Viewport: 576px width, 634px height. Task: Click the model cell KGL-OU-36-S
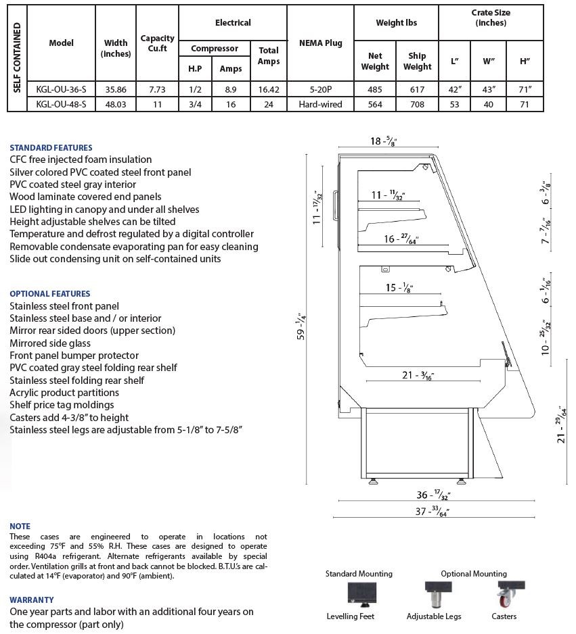click(61, 89)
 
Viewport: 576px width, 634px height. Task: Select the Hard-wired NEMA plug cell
click(320, 104)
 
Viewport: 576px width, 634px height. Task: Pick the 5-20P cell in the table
click(320, 89)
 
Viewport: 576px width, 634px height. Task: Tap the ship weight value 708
click(417, 104)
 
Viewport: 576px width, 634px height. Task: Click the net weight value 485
click(375, 89)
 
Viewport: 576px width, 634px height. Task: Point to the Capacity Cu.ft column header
click(157, 43)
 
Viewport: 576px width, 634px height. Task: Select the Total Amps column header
click(268, 56)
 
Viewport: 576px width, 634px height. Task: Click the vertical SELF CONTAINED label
click(17, 57)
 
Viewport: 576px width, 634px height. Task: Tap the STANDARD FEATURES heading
click(51, 147)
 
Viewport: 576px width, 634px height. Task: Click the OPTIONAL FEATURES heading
click(50, 293)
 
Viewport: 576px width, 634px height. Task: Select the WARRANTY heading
click(32, 600)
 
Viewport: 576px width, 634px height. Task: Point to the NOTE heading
click(20, 526)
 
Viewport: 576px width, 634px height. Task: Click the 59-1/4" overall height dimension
click(301, 326)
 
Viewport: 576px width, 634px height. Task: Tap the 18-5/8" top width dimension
click(383, 141)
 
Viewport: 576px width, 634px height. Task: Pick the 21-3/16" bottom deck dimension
click(418, 375)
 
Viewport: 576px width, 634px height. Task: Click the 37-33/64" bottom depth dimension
click(433, 512)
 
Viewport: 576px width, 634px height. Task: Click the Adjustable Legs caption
click(434, 616)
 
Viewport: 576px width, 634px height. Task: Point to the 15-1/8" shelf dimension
click(399, 287)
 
